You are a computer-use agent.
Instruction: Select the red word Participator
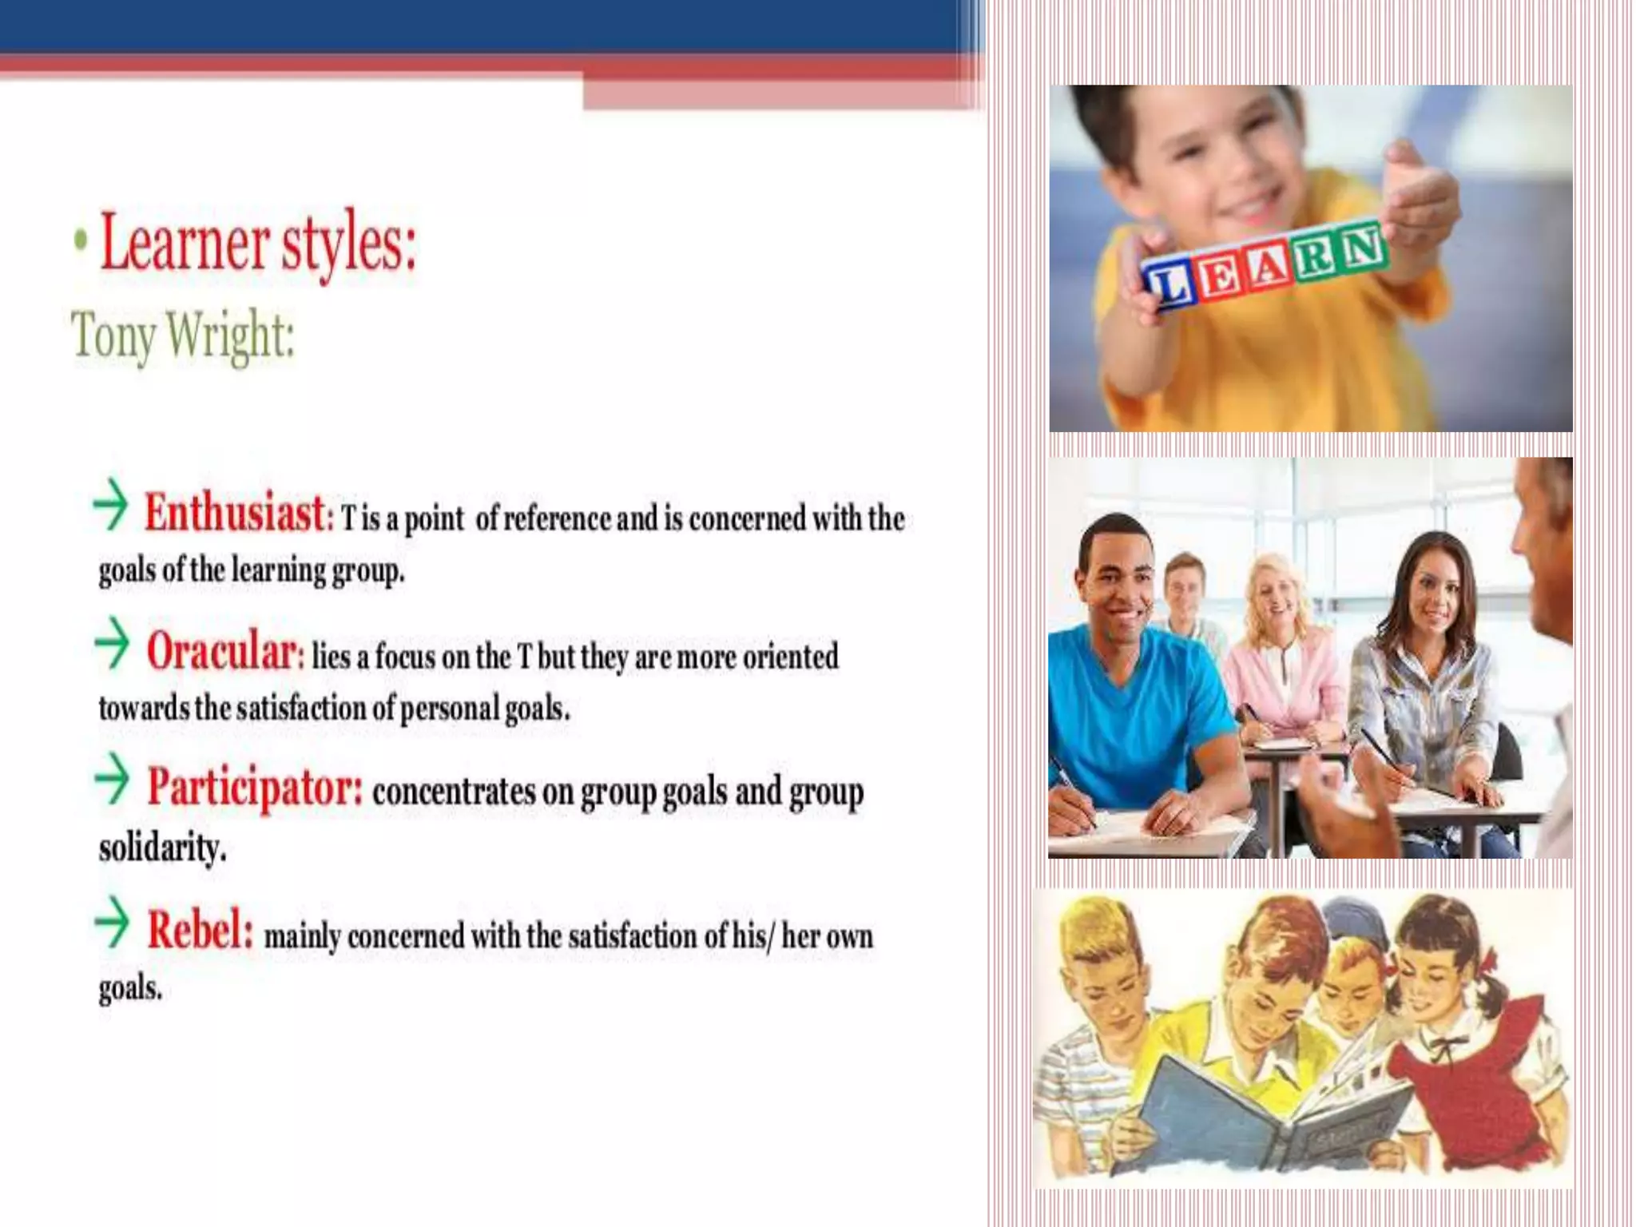(x=255, y=788)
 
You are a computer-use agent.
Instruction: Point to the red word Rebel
(x=200, y=930)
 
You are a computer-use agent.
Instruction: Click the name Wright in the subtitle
(x=230, y=336)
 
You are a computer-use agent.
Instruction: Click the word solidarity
(x=162, y=848)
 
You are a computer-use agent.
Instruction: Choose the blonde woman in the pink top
(x=1278, y=647)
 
